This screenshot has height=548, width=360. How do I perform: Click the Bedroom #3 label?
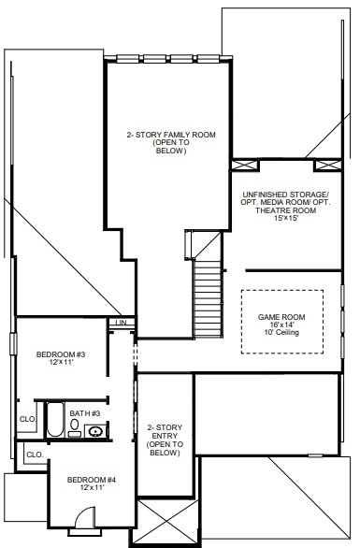61,354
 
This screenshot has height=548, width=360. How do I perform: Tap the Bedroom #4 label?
92,480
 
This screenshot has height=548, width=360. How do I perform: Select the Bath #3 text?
85,413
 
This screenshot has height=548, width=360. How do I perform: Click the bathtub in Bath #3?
55,419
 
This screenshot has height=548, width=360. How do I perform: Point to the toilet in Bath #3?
75,427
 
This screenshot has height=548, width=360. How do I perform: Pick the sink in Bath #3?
94,431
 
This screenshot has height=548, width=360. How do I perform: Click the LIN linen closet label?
122,323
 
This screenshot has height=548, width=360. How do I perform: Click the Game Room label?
281,317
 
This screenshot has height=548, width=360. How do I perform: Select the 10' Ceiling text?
281,332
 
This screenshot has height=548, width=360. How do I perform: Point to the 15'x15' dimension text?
285,218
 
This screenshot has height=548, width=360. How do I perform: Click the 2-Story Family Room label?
171,135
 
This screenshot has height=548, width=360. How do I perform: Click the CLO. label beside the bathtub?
28,419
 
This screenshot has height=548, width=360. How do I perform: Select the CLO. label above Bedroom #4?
35,454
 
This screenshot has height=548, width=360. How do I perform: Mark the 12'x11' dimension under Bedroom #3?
61,362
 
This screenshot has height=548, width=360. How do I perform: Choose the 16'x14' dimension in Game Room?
281,324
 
